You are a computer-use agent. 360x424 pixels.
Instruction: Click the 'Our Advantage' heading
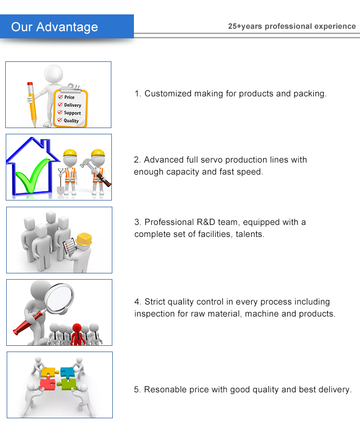(54, 27)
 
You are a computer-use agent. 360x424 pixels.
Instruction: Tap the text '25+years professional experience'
(292, 26)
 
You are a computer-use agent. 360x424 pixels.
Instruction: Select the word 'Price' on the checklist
(70, 97)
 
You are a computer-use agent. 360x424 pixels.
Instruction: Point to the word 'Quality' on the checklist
(71, 121)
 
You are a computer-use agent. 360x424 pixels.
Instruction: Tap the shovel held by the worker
(60, 185)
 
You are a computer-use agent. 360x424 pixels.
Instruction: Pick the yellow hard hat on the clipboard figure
(84, 238)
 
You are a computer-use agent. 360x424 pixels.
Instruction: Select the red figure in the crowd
(77, 334)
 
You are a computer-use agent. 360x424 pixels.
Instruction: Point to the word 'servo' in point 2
(212, 160)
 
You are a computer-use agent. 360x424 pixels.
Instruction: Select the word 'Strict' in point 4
(156, 302)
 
